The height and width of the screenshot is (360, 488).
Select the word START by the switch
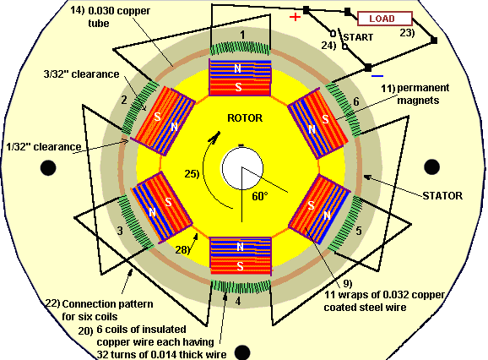click(x=358, y=37)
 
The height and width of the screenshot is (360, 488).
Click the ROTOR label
click(x=244, y=117)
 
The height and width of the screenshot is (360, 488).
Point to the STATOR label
click(x=441, y=195)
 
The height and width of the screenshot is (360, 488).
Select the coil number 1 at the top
click(x=242, y=35)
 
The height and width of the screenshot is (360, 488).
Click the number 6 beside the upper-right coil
click(x=355, y=101)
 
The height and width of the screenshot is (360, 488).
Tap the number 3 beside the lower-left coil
click(x=119, y=230)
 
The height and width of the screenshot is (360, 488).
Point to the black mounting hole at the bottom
click(x=243, y=352)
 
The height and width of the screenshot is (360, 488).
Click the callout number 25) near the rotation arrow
click(x=192, y=175)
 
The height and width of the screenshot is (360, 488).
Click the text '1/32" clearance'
click(x=41, y=146)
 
